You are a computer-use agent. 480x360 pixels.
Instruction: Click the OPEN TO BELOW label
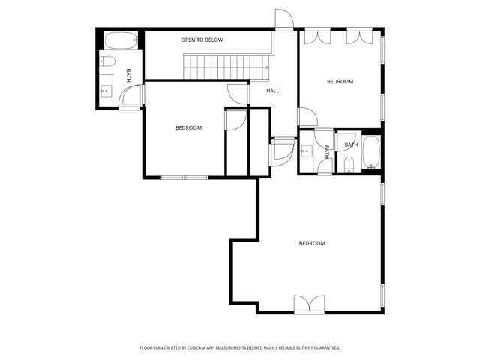tap(202, 40)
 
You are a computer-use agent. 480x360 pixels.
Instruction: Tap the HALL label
tap(272, 91)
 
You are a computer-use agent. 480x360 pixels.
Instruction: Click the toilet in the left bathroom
tap(107, 61)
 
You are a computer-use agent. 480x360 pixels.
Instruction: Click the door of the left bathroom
tap(132, 96)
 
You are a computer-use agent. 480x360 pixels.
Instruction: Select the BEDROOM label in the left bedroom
tap(188, 128)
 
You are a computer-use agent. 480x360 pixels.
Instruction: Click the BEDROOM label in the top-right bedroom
tap(339, 81)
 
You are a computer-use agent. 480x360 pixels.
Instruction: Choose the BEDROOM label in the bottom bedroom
tap(312, 243)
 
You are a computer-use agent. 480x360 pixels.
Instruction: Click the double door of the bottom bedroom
tap(309, 304)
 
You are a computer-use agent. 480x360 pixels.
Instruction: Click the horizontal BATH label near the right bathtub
tap(351, 145)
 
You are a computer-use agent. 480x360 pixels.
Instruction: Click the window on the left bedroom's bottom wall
tap(184, 178)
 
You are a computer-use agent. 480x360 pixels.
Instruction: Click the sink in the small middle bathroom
tap(306, 151)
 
